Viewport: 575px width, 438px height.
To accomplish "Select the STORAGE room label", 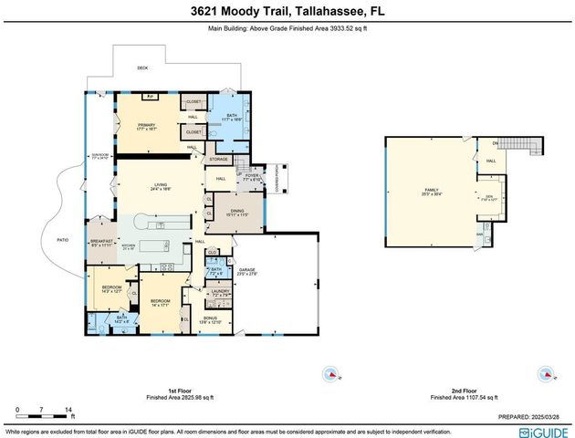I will (x=220, y=159).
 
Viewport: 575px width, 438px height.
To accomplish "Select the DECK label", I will (x=142, y=68).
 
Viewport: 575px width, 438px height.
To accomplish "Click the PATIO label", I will (x=64, y=241).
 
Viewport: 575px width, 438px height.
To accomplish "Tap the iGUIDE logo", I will (x=544, y=432).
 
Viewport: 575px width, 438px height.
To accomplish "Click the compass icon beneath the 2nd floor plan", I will (x=546, y=374).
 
